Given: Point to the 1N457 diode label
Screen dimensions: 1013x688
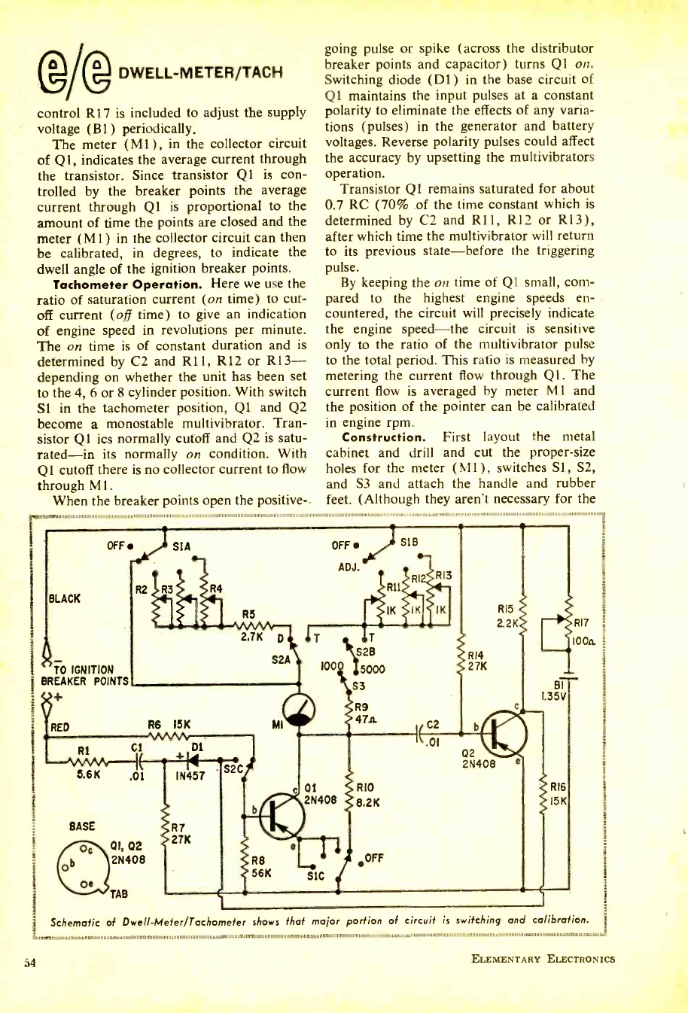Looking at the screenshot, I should tap(190, 774).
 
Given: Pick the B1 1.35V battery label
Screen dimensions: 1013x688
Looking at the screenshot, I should tap(558, 690).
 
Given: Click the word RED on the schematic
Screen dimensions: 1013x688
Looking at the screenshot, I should tap(59, 726).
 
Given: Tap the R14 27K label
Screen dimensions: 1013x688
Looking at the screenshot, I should tap(478, 660).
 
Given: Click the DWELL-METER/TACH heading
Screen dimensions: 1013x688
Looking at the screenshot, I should tap(203, 72).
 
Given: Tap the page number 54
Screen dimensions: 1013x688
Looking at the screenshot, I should tap(29, 960).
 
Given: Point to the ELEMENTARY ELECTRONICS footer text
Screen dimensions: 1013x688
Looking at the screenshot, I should tap(543, 958).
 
